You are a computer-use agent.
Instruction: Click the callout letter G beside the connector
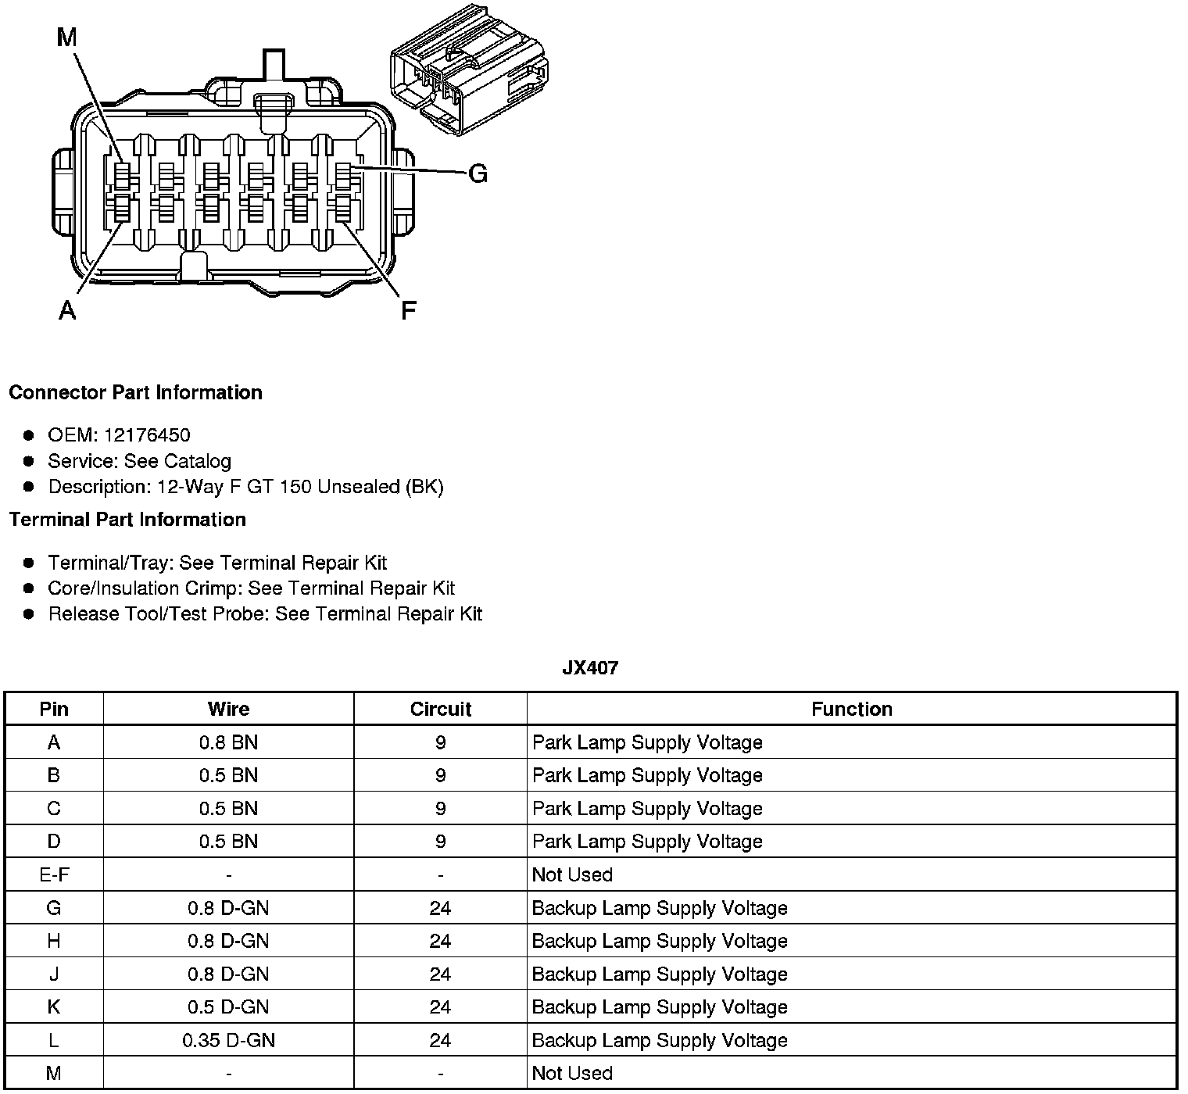pos(478,173)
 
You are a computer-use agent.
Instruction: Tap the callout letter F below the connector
pos(408,310)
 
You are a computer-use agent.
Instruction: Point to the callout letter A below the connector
pos(67,310)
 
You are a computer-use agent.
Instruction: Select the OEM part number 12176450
pos(146,435)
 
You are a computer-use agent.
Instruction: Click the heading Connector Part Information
pos(135,392)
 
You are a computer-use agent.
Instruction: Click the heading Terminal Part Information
pos(127,520)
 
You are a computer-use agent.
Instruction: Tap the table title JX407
pos(590,668)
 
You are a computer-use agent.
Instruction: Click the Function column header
pos(851,709)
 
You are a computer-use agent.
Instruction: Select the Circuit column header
pos(440,709)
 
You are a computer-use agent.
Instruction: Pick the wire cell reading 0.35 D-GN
pos(228,1040)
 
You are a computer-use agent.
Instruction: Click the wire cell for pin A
pos(228,742)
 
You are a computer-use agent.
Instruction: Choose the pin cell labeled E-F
pos(54,874)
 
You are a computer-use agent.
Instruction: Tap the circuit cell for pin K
pos(440,1007)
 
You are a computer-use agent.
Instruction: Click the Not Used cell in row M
pos(572,1073)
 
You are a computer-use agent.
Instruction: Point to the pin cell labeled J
pos(54,974)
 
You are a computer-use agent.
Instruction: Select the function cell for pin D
pos(647,842)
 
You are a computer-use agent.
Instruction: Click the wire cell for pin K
pos(228,1007)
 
